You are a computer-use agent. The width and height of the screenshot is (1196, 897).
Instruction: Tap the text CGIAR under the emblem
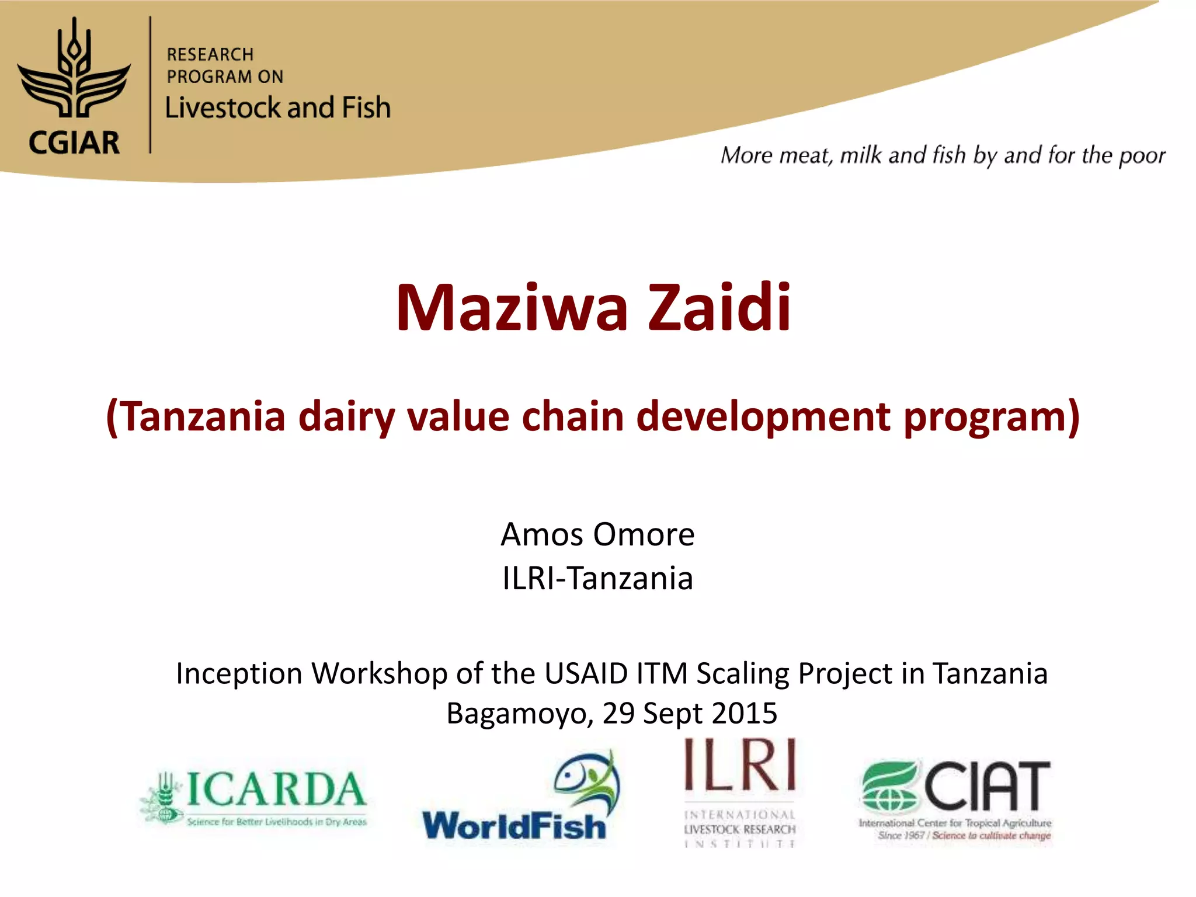tap(74, 143)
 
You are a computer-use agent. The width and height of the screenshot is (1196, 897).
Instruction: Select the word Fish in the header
tap(366, 108)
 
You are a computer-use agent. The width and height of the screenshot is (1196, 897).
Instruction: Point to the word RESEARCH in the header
tap(210, 55)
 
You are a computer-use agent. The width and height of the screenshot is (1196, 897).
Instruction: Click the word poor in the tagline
tap(1142, 156)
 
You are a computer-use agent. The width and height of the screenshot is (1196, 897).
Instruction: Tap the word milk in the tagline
tap(860, 155)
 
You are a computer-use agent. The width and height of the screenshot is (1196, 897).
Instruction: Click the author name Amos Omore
tap(597, 534)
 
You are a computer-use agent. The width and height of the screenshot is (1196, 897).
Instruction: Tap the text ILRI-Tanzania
tap(597, 579)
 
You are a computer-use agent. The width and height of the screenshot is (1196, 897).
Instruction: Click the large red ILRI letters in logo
tap(740, 765)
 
